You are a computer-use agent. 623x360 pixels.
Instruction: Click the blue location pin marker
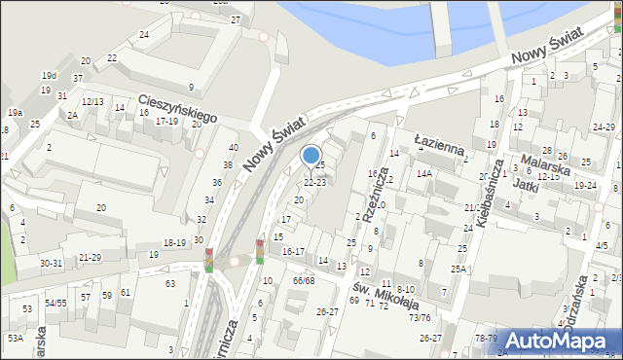[311, 156]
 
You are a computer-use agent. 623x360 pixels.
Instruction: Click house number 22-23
[314, 182]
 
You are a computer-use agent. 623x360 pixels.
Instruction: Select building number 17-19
[167, 122]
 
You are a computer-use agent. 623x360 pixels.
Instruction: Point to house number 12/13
[92, 101]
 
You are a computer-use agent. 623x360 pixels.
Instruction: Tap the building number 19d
[49, 75]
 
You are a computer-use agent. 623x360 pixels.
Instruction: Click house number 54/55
[55, 304]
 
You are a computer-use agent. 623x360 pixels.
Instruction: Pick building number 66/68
[304, 280]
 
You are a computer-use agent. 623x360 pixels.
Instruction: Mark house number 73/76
[420, 317]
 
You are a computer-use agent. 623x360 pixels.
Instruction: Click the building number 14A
[423, 173]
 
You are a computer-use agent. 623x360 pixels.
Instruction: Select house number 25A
[458, 269]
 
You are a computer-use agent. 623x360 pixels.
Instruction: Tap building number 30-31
[51, 263]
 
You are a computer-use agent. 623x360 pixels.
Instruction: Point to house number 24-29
[604, 127]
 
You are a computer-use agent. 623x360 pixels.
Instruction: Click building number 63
[170, 283]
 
